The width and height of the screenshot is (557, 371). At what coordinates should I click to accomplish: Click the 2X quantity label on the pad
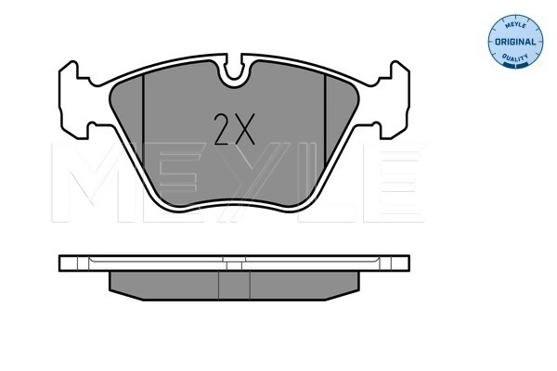click(x=235, y=129)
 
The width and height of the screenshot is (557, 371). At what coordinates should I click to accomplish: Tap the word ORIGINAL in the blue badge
click(x=515, y=42)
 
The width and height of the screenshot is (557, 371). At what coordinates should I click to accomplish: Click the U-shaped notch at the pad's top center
click(x=234, y=71)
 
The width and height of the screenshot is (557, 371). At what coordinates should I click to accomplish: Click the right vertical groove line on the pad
click(x=325, y=120)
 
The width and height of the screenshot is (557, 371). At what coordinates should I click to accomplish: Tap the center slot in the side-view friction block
click(x=235, y=286)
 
